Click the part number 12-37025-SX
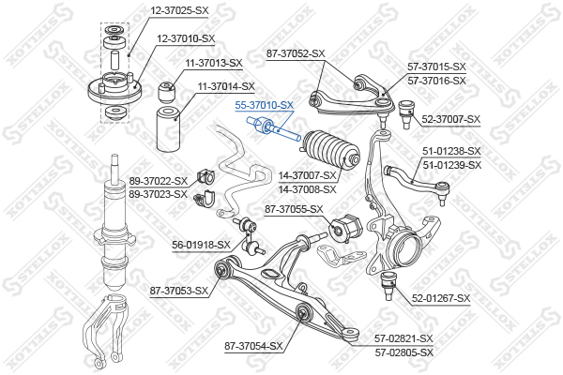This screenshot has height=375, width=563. [179, 10]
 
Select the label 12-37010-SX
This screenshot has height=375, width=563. [186, 38]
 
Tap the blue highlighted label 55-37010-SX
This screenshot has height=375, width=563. [265, 105]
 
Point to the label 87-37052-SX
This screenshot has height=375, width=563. [296, 53]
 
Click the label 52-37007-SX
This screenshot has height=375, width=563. [450, 119]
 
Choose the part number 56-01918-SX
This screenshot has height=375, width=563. [201, 245]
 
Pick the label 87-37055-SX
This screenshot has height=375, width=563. [294, 209]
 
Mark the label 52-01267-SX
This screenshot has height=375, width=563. [441, 298]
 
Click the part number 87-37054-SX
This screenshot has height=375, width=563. [254, 346]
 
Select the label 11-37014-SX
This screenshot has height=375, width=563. [226, 86]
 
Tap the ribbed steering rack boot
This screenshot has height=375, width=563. [330, 150]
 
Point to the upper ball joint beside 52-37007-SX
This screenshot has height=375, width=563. [406, 113]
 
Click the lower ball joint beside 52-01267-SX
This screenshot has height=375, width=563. [388, 285]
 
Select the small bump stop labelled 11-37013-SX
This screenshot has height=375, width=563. [167, 92]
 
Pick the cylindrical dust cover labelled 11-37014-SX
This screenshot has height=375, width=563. [169, 128]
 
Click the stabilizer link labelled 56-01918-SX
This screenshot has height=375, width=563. [249, 235]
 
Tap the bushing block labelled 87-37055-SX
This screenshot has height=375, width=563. [346, 228]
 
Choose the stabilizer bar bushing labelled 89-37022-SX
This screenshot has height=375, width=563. [205, 177]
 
